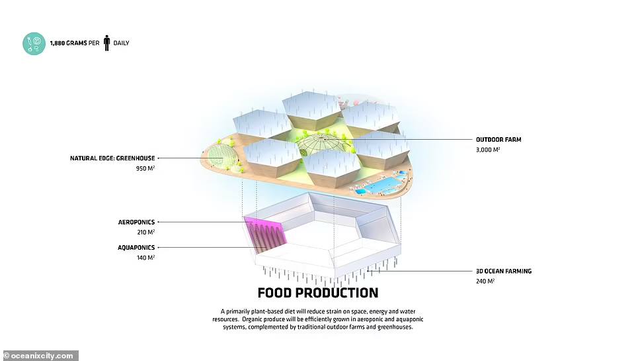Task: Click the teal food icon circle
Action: point(34,44)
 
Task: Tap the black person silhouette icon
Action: point(106,43)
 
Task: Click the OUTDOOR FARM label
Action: point(498,140)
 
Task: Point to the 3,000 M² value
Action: point(488,150)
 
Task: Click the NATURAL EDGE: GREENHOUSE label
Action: point(112,158)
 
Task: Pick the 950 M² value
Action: point(145,168)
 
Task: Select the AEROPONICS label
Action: point(136,222)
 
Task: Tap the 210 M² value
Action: point(146,232)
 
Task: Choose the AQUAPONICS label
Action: point(136,247)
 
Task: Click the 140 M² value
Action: point(146,257)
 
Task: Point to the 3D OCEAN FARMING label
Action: point(504,271)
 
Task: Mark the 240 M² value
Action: point(485,282)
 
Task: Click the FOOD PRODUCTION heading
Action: point(318,293)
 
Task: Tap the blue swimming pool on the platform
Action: point(383,185)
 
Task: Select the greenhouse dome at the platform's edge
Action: point(221,158)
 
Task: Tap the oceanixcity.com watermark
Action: point(39,356)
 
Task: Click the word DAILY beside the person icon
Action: point(121,43)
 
